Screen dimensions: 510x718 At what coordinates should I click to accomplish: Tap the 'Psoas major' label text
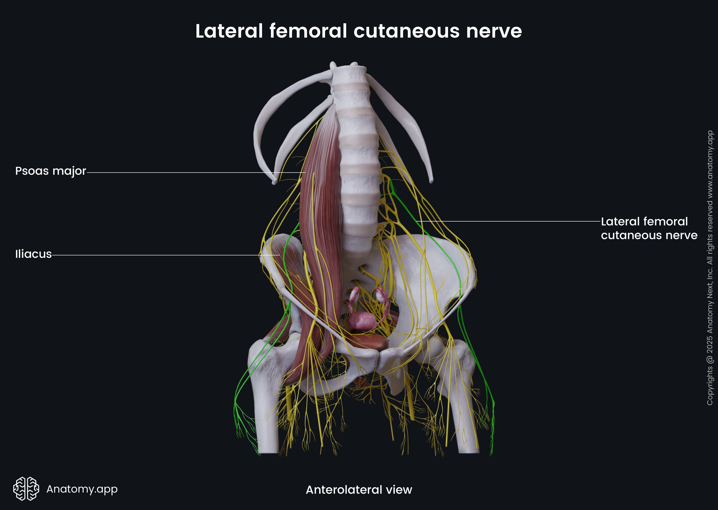50,171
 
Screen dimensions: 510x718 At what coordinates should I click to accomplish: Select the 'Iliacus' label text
33,254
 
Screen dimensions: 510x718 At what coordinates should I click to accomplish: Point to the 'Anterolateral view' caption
359,490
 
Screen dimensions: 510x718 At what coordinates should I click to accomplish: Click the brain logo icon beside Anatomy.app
26,489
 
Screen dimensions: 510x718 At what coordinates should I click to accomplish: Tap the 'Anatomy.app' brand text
82,489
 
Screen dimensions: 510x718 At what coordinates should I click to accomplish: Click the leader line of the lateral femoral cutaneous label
508,221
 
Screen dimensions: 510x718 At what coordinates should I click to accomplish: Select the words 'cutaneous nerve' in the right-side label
649,235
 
